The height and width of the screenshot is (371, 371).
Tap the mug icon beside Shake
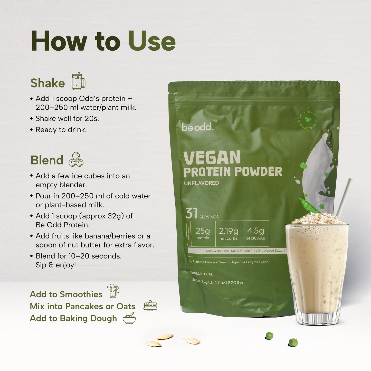tap(78, 81)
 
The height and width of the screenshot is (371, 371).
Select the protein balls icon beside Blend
tap(76, 159)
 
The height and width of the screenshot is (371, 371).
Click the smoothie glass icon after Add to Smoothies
tap(113, 291)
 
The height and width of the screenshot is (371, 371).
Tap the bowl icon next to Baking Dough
tap(129, 318)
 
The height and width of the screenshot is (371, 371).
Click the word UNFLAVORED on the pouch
tap(201, 183)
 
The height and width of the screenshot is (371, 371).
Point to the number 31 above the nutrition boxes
tap(192, 213)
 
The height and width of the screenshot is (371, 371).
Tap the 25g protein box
tap(203, 234)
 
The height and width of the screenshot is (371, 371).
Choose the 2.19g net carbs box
tap(229, 234)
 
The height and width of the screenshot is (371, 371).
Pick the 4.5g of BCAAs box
tap(255, 234)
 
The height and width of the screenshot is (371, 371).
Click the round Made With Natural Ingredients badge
tap(308, 120)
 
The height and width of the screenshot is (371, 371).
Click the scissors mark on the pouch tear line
tap(175, 93)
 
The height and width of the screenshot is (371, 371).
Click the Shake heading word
tap(47, 83)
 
